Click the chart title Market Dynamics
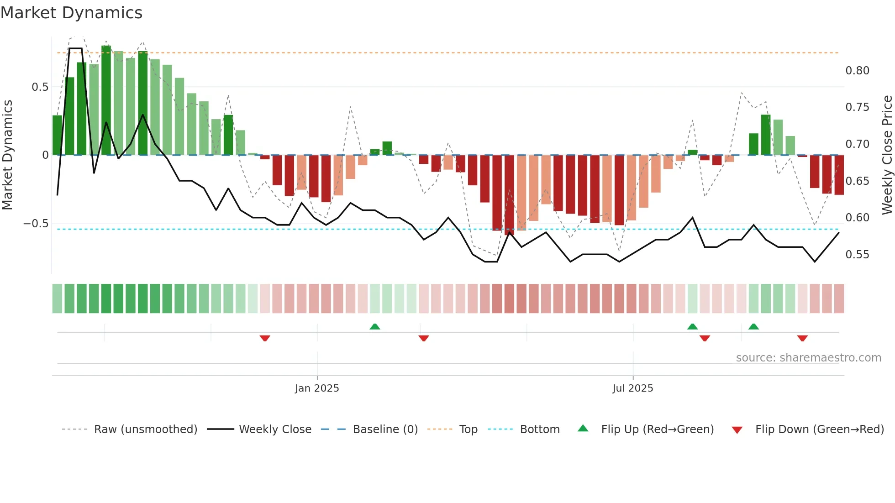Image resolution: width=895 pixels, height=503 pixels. pyautogui.click(x=71, y=13)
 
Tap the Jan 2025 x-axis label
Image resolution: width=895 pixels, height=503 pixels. pyautogui.click(x=317, y=388)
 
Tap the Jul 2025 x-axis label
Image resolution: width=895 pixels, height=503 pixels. pyautogui.click(x=632, y=388)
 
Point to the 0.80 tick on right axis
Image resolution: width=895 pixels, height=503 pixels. pyautogui.click(x=857, y=71)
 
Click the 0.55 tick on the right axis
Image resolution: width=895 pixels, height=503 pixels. pyautogui.click(x=857, y=254)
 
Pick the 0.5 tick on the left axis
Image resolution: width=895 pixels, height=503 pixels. pyautogui.click(x=40, y=87)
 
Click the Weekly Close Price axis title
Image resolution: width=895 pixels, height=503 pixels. pyautogui.click(x=887, y=155)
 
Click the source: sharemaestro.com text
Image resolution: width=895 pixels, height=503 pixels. pyautogui.click(x=808, y=357)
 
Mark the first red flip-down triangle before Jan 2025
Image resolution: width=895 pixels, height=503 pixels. pyautogui.click(x=265, y=338)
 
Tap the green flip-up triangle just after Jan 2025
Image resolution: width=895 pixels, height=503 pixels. pyautogui.click(x=374, y=326)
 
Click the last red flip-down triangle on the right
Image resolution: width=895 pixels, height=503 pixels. pyautogui.click(x=802, y=338)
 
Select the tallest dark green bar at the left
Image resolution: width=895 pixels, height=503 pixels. pyautogui.click(x=106, y=100)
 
